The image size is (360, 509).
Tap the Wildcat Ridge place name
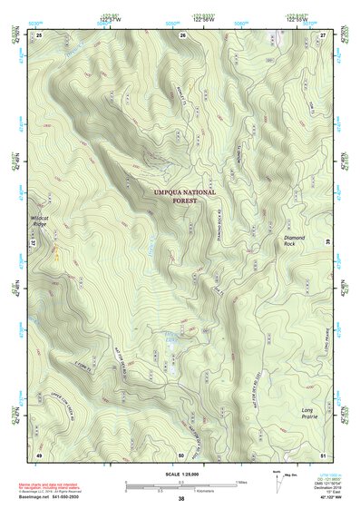(x=43, y=220)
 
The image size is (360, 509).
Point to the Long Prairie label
(x=313, y=414)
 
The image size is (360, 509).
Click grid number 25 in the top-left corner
(x=39, y=34)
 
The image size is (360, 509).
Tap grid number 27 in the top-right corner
(x=324, y=34)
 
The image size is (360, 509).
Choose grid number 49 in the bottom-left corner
(x=39, y=454)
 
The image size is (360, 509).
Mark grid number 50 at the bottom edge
(x=181, y=454)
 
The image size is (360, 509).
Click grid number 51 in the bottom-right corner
(x=324, y=454)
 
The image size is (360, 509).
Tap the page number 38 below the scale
(x=181, y=499)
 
